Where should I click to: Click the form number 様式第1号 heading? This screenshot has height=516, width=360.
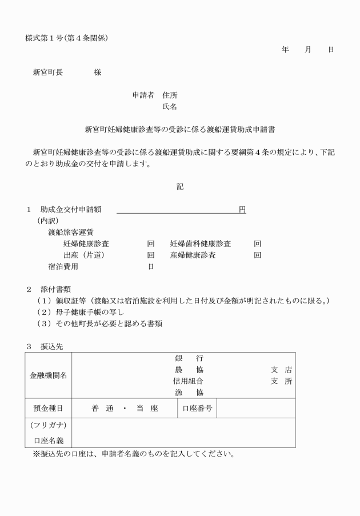click(66, 38)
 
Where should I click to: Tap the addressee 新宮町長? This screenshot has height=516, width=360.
click(48, 73)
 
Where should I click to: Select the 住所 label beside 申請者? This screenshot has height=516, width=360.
click(170, 95)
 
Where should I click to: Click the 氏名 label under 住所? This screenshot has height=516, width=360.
click(170, 106)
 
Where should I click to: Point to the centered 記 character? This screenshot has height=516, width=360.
click(180, 186)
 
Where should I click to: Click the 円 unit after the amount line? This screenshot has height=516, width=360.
click(242, 210)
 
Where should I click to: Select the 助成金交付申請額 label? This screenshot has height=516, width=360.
click(71, 210)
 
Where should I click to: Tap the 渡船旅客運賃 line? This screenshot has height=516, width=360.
click(71, 232)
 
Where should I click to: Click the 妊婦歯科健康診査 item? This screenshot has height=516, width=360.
click(201, 243)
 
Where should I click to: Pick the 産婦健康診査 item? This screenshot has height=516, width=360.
click(193, 255)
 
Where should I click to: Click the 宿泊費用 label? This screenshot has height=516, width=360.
click(63, 266)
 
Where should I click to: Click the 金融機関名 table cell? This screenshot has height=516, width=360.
click(48, 375)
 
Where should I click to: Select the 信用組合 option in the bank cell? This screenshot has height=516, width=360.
click(188, 381)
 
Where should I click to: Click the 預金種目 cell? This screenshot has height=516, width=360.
click(48, 409)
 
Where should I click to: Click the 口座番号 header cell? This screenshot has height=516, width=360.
click(197, 409)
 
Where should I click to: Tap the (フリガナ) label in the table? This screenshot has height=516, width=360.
click(48, 425)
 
